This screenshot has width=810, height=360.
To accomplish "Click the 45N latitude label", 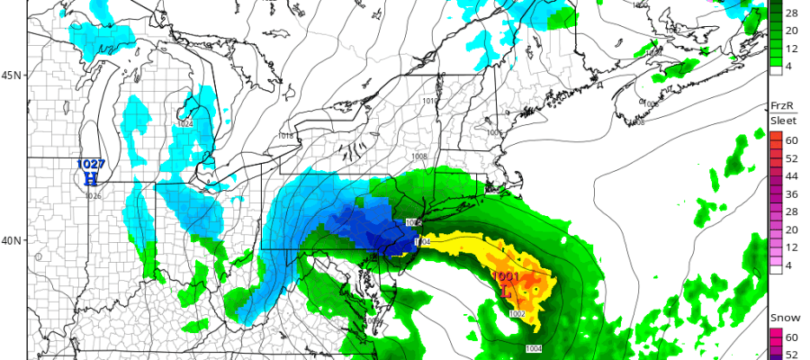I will coord(12,75).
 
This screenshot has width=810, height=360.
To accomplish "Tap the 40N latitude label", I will coord(12,240).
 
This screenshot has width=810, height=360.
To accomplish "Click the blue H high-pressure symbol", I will coord(90,178).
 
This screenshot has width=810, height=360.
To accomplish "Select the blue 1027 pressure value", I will coord(91,165).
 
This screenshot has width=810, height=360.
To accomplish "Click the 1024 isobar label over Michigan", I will coord(184,123).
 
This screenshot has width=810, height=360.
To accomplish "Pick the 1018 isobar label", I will coord(286,136).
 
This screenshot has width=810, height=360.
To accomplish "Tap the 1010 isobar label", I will coord(429,101).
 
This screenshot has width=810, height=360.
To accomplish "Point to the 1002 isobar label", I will coord(517,313).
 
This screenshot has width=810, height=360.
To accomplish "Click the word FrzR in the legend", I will coord(779,105).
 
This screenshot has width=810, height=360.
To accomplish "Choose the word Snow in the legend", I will coord(781,318).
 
